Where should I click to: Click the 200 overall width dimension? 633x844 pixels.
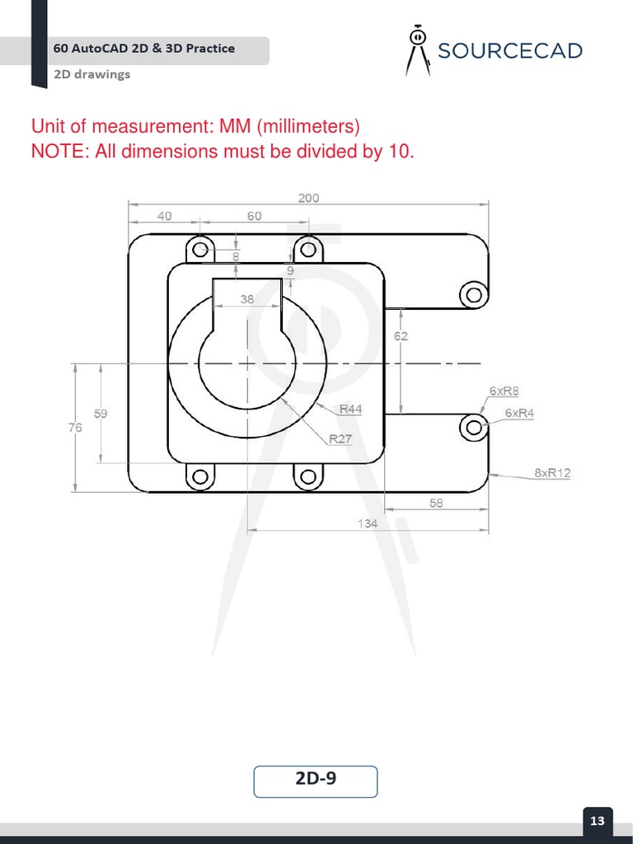tap(308, 198)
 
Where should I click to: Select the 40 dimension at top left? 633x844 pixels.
tap(164, 216)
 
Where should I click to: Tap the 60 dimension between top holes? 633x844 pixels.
tap(254, 216)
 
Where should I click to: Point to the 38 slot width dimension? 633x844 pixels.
tap(247, 300)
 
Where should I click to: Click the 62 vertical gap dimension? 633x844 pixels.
tap(401, 336)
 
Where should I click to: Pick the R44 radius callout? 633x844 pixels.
tap(350, 409)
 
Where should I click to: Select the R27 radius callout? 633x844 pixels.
tap(340, 438)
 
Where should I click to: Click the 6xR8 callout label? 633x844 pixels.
tap(504, 391)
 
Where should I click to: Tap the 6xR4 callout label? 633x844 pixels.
tap(519, 413)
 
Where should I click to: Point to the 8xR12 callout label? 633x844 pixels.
tap(552, 473)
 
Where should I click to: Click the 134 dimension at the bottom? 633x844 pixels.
tap(368, 523)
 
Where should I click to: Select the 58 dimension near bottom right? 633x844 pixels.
tap(436, 503)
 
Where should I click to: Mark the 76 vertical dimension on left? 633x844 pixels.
tap(75, 427)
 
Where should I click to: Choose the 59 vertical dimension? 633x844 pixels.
tap(101, 414)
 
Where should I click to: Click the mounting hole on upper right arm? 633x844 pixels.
tap(473, 293)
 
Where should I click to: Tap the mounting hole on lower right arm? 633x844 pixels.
tap(473, 426)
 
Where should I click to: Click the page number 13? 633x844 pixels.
tap(598, 820)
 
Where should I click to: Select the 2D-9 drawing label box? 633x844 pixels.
tap(316, 781)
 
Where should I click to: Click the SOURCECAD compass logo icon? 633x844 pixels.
tap(418, 51)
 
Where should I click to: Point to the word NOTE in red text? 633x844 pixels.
tap(59, 152)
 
